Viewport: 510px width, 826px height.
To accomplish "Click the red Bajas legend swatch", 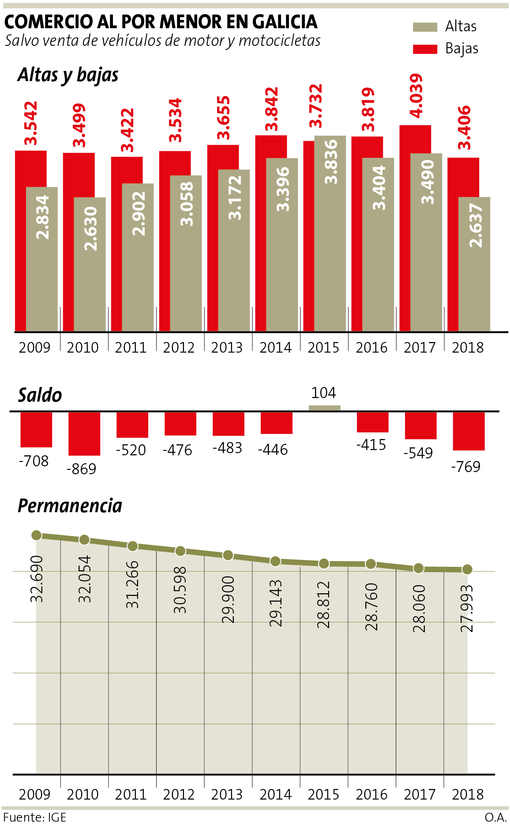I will point(425,49).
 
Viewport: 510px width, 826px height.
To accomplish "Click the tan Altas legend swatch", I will point(425,27).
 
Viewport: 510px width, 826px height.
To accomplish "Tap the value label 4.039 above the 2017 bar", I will point(416,96).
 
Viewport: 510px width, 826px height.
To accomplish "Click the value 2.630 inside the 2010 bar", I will point(90,228).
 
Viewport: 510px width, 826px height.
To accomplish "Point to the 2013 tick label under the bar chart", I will point(227,348).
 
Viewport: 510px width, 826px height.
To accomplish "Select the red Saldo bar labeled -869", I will point(84,434).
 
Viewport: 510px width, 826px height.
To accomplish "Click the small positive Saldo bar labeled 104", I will point(324,408).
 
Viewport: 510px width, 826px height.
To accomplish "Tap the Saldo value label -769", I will point(465,466).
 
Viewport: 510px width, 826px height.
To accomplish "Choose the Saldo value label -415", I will point(371,445).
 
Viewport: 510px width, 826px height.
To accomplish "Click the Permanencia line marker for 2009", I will point(37,535).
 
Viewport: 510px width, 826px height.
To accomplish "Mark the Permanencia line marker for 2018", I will point(467,569).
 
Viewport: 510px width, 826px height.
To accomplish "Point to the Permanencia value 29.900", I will point(228,599).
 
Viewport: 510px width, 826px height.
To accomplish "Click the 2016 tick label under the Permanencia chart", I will point(371,795).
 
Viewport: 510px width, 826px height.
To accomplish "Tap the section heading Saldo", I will point(40,395).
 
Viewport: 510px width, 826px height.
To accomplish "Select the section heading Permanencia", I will point(70,506).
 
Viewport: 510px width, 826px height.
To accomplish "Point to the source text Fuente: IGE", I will point(34,817).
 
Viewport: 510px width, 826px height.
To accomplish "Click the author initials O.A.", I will point(495,817).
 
